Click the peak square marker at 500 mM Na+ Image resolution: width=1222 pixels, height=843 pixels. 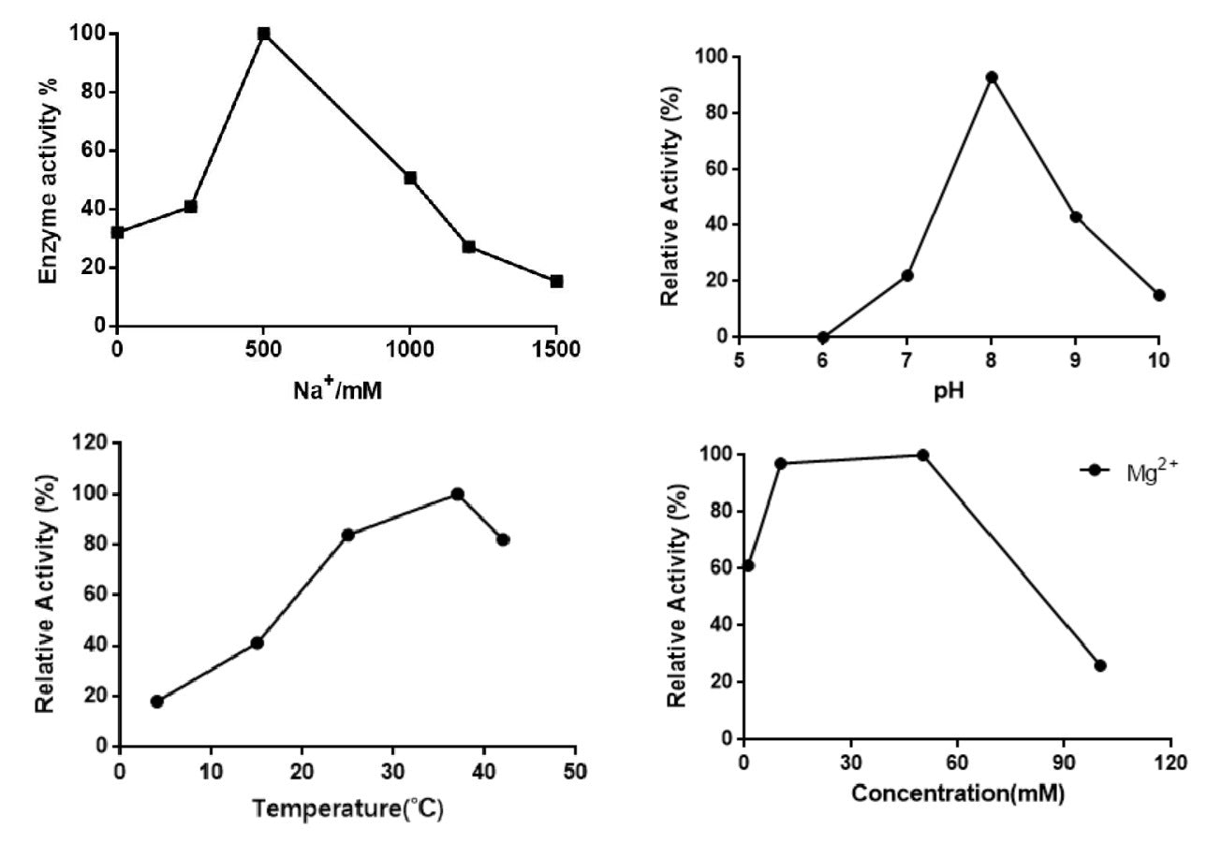264,34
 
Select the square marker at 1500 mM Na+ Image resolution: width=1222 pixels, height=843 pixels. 556,281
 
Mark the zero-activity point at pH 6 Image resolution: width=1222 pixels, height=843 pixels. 823,337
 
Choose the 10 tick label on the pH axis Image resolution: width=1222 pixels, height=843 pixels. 1158,361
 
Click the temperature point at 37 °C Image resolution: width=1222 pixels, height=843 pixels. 457,494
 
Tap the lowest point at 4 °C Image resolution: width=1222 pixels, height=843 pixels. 156,702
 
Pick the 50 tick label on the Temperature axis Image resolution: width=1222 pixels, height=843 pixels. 575,771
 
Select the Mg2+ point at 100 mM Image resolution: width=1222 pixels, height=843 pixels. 1100,665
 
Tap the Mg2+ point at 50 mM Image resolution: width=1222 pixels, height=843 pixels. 922,456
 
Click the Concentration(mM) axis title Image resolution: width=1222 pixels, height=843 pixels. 957,794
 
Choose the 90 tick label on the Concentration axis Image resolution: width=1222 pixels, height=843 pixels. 1064,763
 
